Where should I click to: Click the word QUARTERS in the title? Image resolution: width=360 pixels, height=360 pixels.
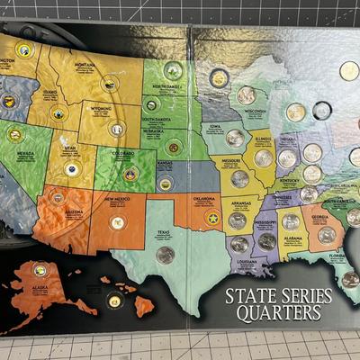280,313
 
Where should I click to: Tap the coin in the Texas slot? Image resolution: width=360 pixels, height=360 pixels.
166,255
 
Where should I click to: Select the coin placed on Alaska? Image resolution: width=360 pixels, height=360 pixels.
40,269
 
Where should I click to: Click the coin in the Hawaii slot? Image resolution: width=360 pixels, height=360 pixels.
114,301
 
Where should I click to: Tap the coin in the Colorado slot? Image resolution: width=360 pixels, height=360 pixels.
130,174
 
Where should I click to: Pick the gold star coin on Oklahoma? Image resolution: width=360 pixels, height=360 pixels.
213,218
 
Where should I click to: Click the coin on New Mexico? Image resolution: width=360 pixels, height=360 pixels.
117,221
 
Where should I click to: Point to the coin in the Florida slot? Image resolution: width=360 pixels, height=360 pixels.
350,279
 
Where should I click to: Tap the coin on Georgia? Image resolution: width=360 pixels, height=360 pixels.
326,235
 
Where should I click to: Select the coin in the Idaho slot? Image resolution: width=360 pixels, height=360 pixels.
58,114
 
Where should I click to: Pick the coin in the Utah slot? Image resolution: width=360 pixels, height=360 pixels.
72,169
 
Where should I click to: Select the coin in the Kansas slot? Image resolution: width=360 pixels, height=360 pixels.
166,183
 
